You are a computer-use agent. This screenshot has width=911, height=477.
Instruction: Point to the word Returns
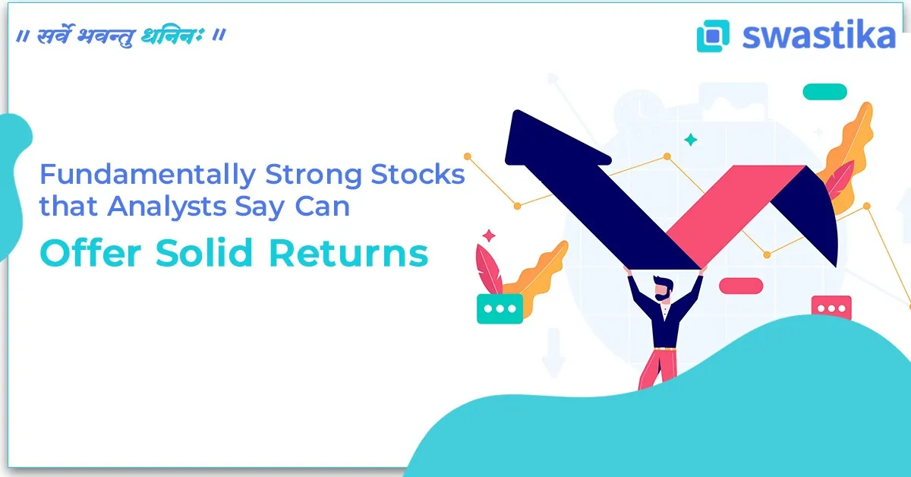click(348, 253)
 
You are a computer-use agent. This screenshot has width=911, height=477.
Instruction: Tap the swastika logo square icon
click(712, 36)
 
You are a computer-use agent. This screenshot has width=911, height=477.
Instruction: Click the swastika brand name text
click(818, 35)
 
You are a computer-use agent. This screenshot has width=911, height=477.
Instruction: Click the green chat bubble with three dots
click(500, 309)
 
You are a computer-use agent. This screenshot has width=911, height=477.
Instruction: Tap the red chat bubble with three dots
click(831, 308)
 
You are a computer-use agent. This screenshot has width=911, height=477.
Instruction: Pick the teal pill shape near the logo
click(824, 92)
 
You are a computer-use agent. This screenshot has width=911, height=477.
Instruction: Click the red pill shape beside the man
click(740, 286)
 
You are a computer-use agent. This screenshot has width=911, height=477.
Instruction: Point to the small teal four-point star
click(690, 140)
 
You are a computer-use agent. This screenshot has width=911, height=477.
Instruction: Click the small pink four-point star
click(489, 235)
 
